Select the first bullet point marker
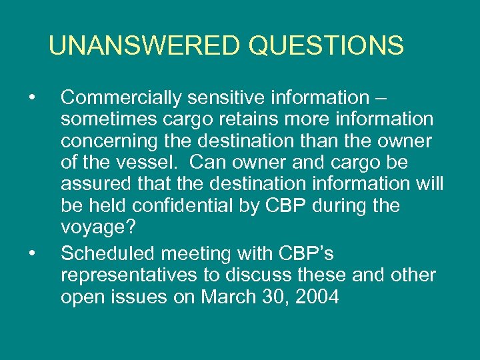coord(32,98)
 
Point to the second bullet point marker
coord(32,253)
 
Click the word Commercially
coord(121,98)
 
